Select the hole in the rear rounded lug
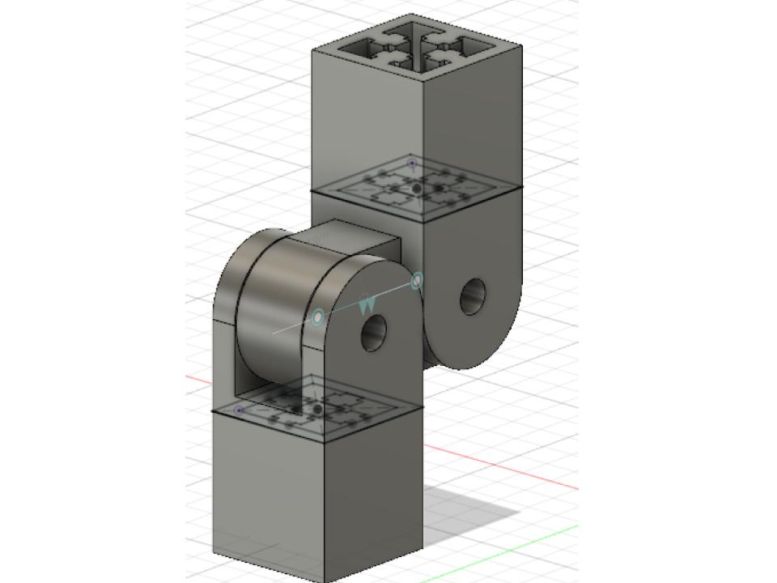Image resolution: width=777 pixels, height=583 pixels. tap(473, 297)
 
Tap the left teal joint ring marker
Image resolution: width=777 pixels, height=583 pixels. tap(318, 317)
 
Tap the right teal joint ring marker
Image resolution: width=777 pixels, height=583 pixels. tap(417, 281)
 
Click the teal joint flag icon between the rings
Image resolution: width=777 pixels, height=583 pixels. tap(367, 304)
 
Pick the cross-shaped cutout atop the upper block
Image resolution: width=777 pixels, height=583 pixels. tap(417, 48)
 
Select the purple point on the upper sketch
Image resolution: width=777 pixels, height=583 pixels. tap(411, 164)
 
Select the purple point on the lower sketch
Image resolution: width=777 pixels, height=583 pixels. tap(239, 411)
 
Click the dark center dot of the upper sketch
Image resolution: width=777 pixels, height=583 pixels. tap(417, 189)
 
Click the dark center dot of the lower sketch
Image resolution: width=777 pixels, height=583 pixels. tap(318, 410)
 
